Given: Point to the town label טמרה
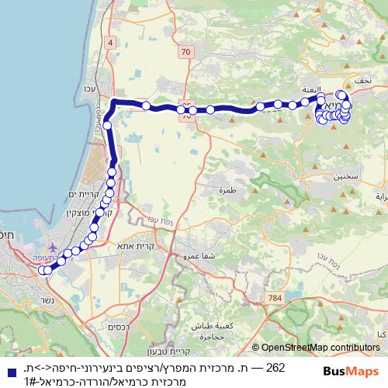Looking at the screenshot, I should tap(227, 190).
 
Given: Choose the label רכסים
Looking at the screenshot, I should tap(119, 327).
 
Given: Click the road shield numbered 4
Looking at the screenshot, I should tap(111, 41).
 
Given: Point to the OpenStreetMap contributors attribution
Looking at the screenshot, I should tap(320, 348).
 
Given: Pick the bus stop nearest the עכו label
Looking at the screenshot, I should tap(107, 124).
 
